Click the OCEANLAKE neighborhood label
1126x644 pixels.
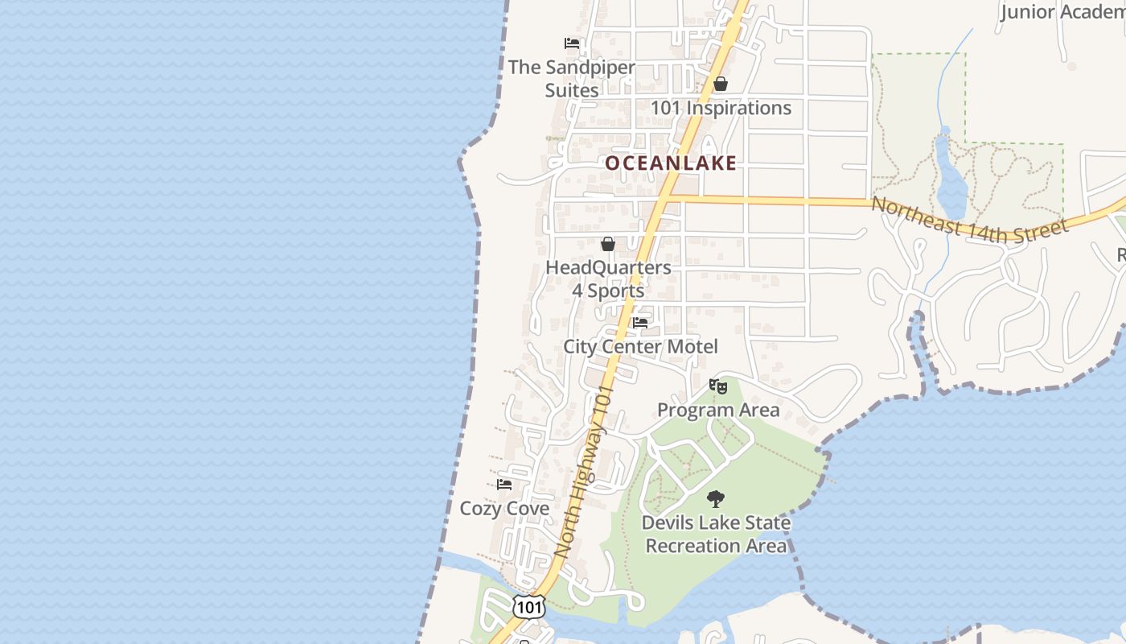click(x=671, y=163)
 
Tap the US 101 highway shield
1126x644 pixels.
click(x=528, y=607)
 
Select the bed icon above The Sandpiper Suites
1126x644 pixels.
click(x=572, y=43)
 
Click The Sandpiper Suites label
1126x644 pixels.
click(x=571, y=79)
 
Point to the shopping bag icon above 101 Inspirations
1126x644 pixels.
click(x=721, y=84)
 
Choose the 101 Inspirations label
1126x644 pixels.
click(x=721, y=108)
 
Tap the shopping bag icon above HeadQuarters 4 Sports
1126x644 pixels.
click(x=608, y=244)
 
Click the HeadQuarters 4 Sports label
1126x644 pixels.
click(x=608, y=279)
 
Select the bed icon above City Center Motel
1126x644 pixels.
click(x=640, y=323)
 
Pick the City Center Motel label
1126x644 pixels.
click(x=640, y=347)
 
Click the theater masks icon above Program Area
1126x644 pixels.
click(x=718, y=386)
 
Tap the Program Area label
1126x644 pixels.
click(x=718, y=410)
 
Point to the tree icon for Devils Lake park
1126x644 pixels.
click(x=715, y=499)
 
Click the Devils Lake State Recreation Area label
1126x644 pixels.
click(x=716, y=534)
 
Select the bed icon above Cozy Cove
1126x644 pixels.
click(x=504, y=485)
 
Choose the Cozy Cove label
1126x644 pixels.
click(x=504, y=509)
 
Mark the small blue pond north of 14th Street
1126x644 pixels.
click(x=951, y=181)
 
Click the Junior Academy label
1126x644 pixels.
click(x=1062, y=12)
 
